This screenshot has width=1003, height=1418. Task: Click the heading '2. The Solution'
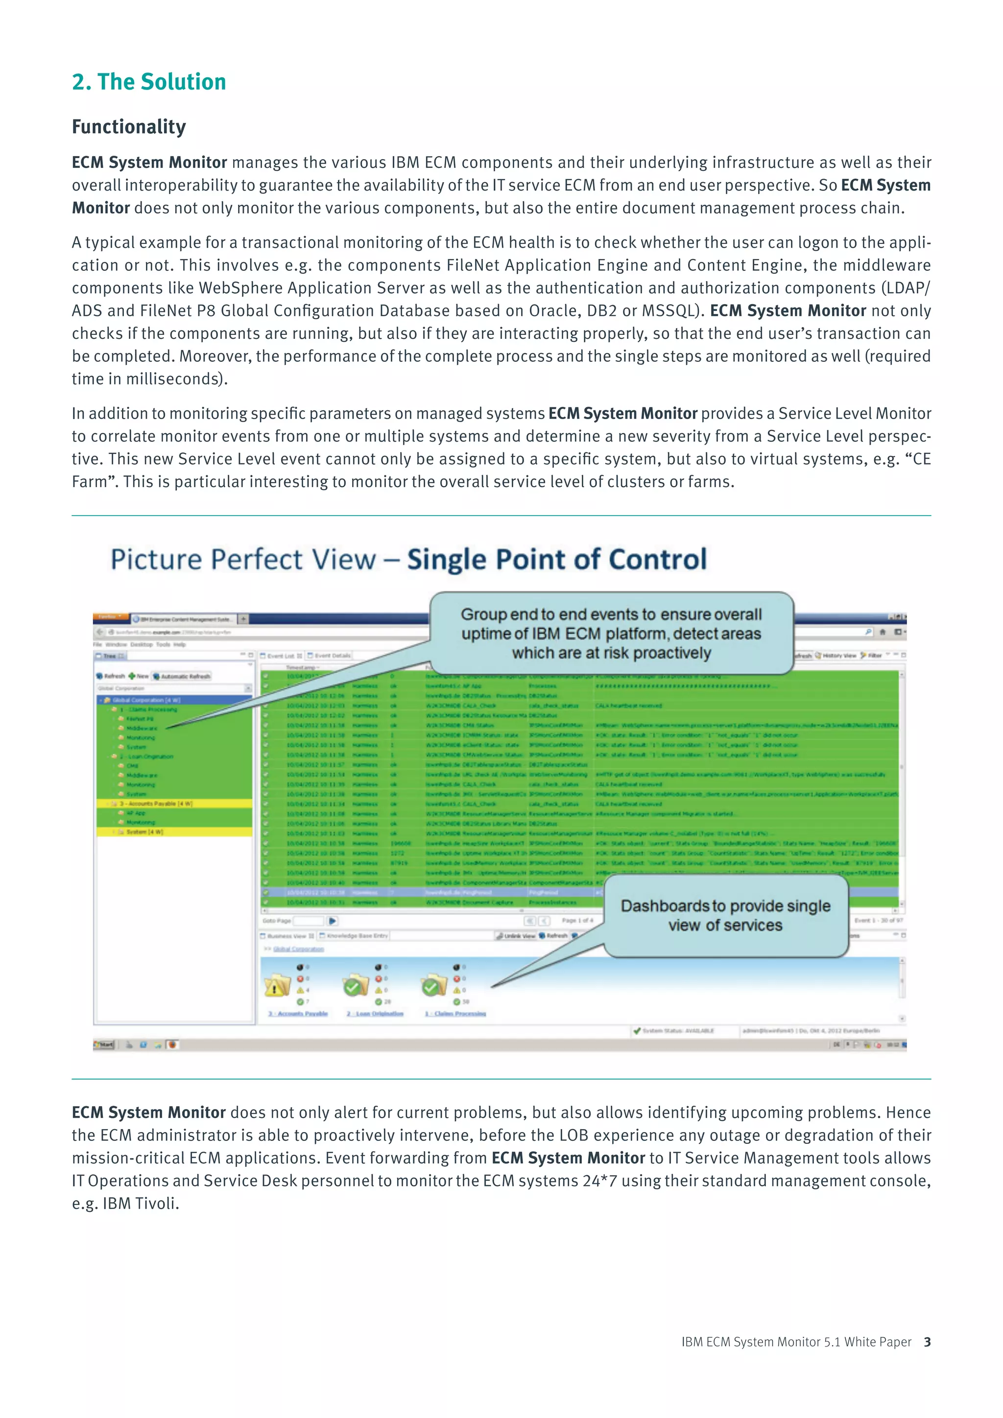click(x=149, y=81)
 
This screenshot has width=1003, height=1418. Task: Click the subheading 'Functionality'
click(x=128, y=127)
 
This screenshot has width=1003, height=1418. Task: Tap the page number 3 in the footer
click(x=927, y=1342)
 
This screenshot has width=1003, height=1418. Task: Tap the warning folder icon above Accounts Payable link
click(x=277, y=986)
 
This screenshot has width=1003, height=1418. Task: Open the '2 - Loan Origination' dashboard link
click(x=374, y=1014)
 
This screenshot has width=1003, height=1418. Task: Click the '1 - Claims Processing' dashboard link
click(x=455, y=1014)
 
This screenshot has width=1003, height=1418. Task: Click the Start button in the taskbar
click(x=104, y=1044)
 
